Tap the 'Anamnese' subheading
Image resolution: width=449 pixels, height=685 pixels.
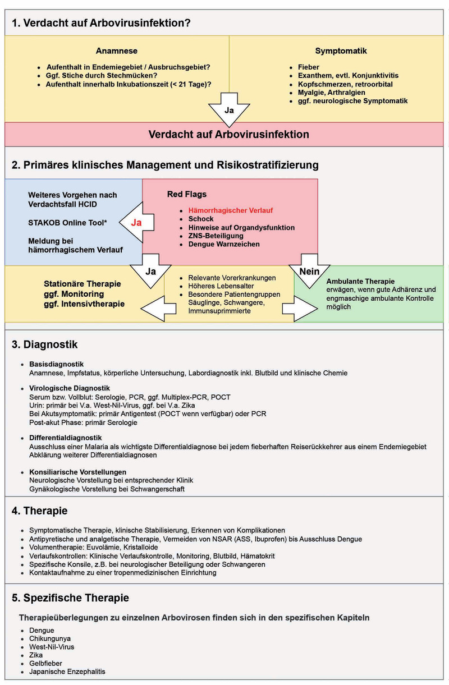(117, 50)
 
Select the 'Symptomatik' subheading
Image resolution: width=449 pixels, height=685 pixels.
(341, 50)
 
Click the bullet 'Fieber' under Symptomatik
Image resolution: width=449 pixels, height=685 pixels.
(308, 67)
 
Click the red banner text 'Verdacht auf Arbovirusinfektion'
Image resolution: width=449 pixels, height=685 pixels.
(229, 135)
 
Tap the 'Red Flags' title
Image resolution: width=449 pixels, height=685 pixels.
(186, 195)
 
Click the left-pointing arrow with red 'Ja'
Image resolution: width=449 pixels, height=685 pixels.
(138, 222)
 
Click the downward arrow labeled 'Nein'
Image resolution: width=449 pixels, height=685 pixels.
(301, 270)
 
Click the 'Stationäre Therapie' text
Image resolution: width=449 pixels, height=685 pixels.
(83, 284)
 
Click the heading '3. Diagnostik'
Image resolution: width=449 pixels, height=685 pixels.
(45, 344)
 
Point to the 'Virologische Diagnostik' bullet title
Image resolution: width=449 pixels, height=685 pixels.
(69, 388)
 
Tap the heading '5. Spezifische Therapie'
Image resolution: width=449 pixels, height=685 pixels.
(71, 598)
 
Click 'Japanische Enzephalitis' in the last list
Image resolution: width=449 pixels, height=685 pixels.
(67, 671)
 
